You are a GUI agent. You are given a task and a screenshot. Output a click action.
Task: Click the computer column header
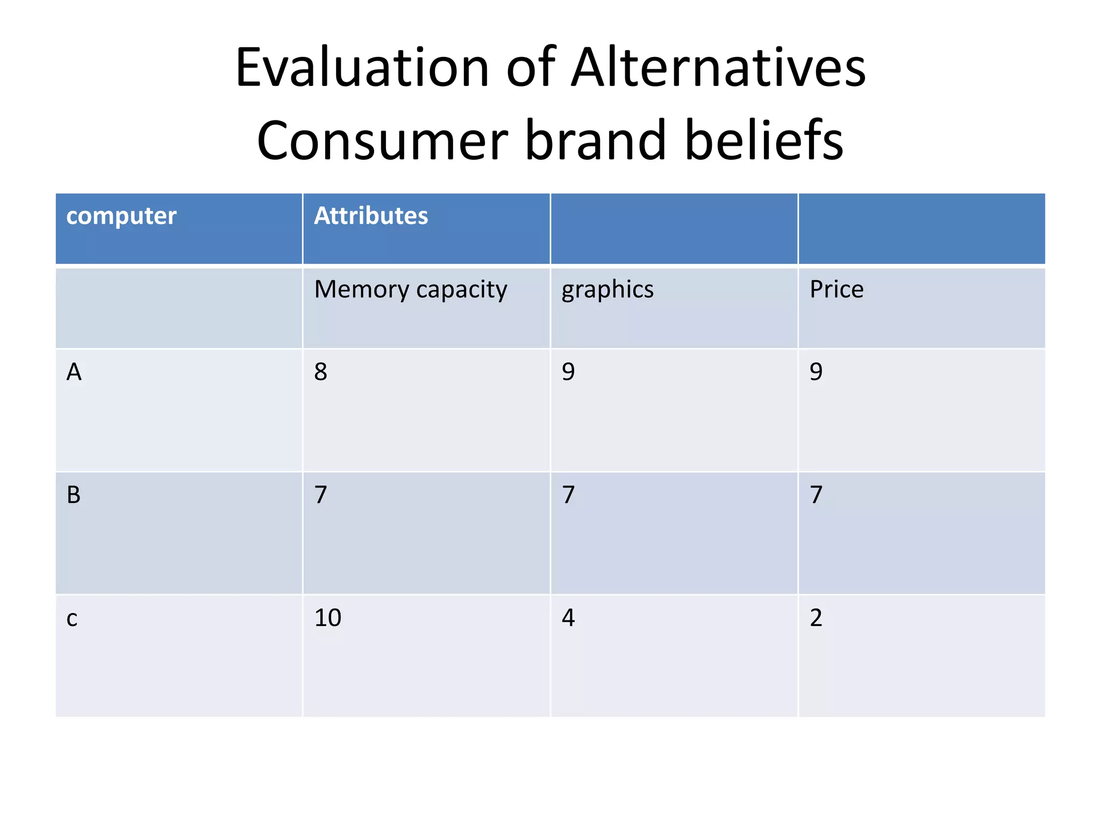(x=121, y=216)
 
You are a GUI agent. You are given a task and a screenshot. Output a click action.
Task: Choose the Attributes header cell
(x=371, y=216)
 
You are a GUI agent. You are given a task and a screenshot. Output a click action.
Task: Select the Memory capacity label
(x=411, y=290)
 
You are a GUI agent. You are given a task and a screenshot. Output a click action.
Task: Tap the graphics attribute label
(x=607, y=290)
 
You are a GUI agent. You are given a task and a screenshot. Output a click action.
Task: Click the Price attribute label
(x=837, y=289)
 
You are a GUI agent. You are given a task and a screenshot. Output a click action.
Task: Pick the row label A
(x=74, y=372)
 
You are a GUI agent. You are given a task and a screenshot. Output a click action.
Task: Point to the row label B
(x=74, y=495)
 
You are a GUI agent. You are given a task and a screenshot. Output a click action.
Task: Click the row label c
(x=72, y=618)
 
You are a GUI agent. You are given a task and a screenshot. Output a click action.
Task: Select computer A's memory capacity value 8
(x=321, y=372)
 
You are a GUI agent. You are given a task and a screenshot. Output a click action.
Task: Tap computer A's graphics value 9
(x=568, y=372)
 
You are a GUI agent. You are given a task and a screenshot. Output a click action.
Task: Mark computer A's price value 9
(x=816, y=372)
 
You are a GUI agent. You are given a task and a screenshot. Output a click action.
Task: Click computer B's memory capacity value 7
(x=321, y=495)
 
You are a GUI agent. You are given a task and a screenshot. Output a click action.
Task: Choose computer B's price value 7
(x=816, y=495)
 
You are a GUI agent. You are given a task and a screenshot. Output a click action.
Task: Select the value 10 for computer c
(x=327, y=618)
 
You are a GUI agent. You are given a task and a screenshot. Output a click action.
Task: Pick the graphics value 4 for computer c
(x=568, y=618)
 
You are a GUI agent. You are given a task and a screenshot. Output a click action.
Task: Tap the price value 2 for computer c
(x=816, y=618)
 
